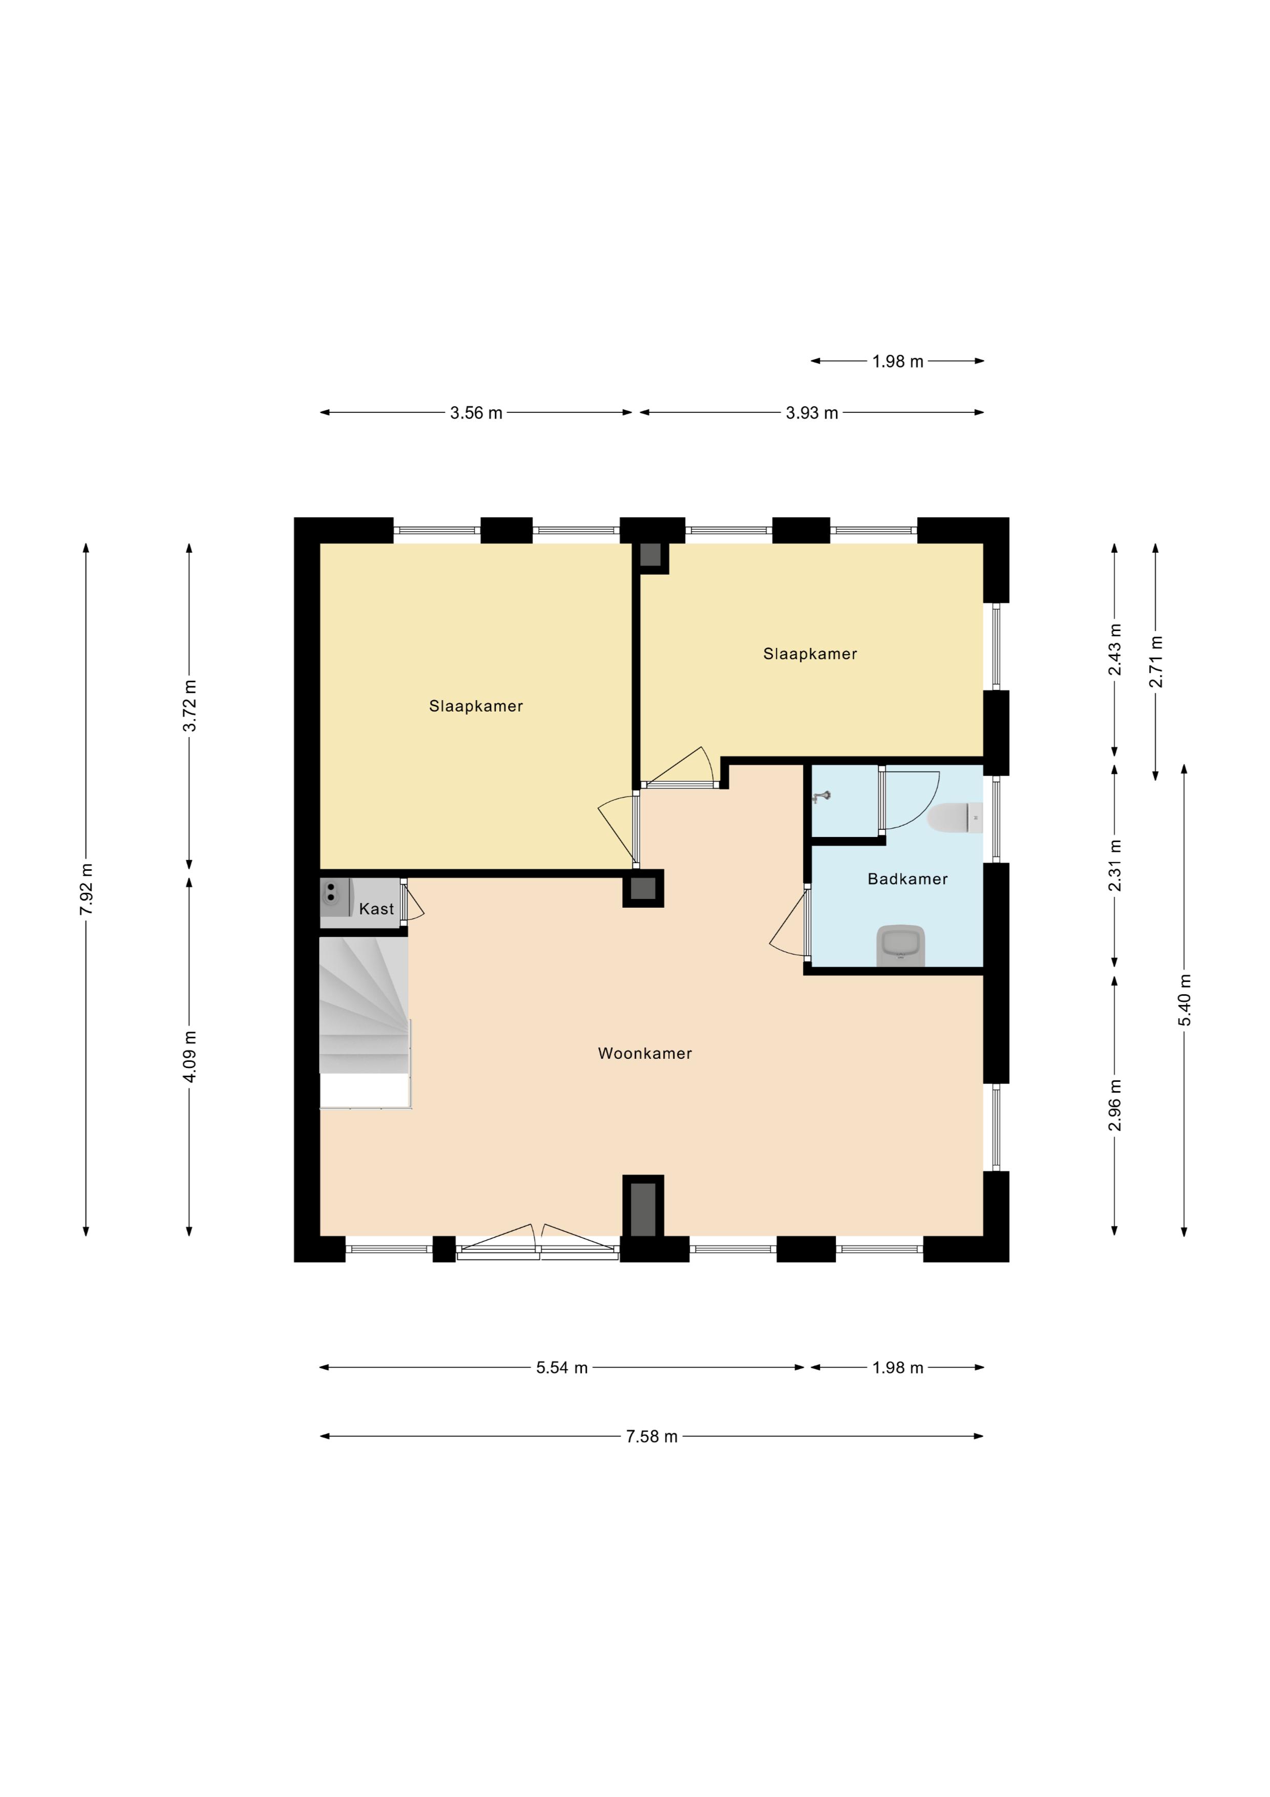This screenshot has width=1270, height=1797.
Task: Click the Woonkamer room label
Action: click(x=645, y=1054)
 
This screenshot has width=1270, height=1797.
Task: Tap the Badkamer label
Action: click(x=908, y=879)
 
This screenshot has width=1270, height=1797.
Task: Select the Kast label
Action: click(x=376, y=909)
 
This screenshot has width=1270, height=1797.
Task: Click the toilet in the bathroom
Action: click(x=955, y=818)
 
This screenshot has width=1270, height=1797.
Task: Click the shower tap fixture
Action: click(x=820, y=797)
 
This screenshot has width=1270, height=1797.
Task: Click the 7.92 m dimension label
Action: click(x=86, y=889)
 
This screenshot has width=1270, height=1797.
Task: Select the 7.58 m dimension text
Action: click(x=651, y=1436)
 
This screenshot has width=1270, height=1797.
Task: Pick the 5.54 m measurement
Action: click(x=562, y=1367)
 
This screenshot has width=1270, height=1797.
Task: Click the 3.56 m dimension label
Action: click(x=476, y=412)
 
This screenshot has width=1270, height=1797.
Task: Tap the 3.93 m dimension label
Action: click(x=812, y=412)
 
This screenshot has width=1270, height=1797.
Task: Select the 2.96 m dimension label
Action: click(x=1114, y=1104)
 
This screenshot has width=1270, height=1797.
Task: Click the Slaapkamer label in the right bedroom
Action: click(x=810, y=654)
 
